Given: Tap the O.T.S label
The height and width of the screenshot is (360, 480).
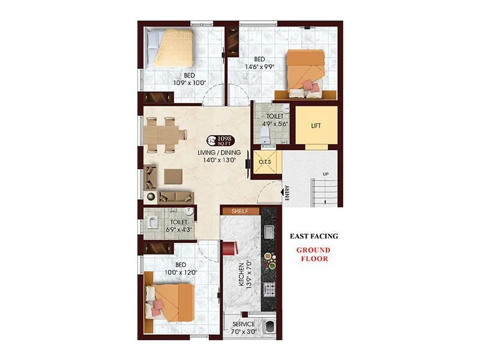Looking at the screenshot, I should point(265,163).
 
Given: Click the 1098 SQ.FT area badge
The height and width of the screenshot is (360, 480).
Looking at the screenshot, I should point(219,142).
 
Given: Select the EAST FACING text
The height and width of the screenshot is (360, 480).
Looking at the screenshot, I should point(314,236).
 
